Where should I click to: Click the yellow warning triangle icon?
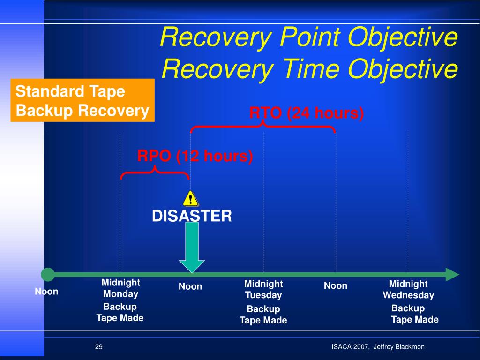point(190,198)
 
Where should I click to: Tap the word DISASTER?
point(192,216)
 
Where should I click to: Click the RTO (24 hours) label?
point(307,113)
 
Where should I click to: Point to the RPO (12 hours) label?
point(195,156)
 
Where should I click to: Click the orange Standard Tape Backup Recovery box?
point(82,101)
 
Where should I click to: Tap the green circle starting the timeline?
point(48,275)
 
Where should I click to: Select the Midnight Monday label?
point(120,288)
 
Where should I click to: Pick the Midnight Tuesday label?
point(263,289)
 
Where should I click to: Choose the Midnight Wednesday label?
point(408,289)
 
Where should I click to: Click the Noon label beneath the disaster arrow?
point(190,286)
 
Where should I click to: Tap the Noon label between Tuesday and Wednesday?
point(336,286)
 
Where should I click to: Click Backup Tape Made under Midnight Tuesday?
point(263,315)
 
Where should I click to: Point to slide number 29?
point(98,347)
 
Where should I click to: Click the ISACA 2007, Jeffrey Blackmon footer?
point(378,347)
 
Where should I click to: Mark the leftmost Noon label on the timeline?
point(46,292)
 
